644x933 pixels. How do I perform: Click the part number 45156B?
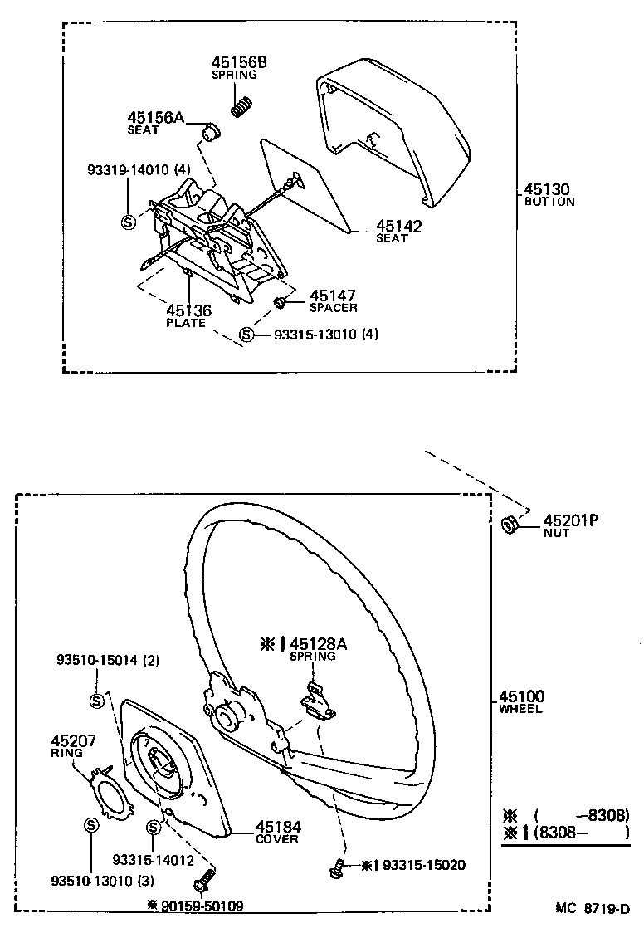(239, 62)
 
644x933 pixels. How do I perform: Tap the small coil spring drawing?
(241, 107)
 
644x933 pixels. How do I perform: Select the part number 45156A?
(155, 118)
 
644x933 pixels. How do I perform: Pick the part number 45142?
(398, 226)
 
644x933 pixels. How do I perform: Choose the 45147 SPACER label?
(333, 300)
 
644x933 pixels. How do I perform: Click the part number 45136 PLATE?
(188, 315)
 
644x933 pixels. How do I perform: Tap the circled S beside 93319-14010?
(129, 221)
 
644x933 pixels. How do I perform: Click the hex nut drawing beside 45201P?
(511, 525)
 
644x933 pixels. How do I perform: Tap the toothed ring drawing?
(112, 789)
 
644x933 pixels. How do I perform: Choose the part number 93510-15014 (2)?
(108, 661)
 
